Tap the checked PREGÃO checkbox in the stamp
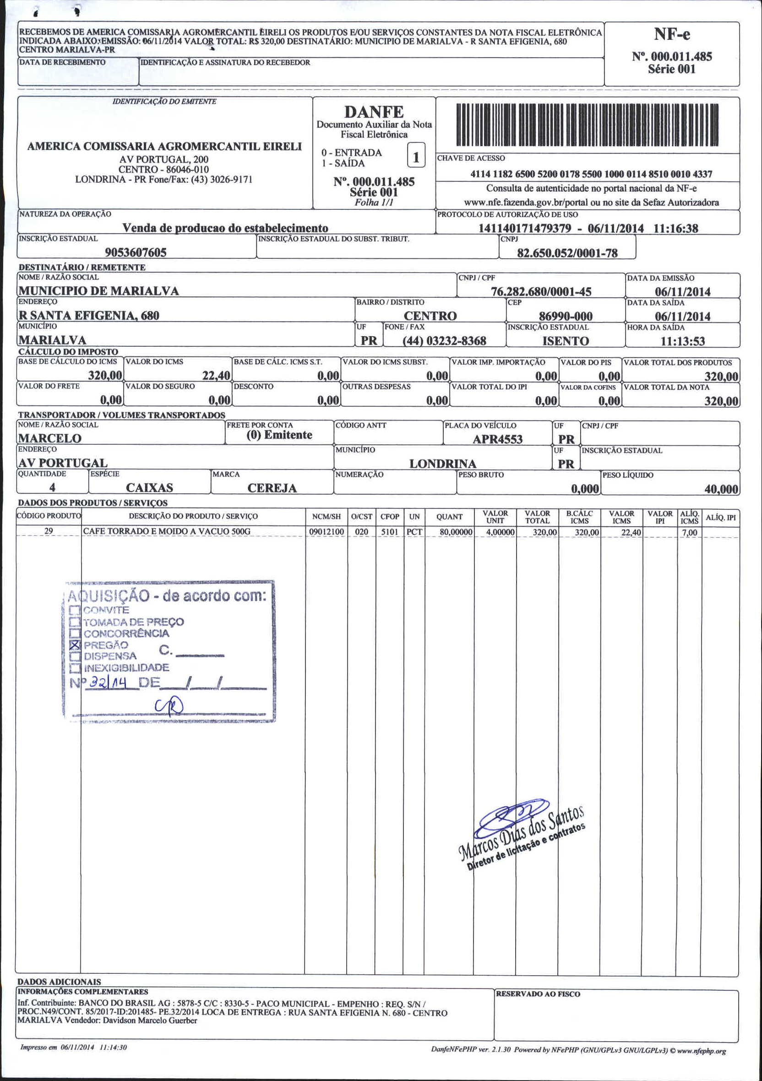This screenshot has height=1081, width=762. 74,644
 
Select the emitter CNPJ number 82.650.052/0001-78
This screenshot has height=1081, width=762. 567,253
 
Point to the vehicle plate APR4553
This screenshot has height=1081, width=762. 497,439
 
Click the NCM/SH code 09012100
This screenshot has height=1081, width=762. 327,532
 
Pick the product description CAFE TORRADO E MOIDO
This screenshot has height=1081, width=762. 167,531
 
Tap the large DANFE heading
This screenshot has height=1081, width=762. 374,112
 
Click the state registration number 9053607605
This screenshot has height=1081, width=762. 136,253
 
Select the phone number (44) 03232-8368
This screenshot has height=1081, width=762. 444,341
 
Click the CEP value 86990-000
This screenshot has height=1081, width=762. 565,316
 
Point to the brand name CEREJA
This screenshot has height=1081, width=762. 272,488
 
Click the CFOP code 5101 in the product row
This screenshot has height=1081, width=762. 390,532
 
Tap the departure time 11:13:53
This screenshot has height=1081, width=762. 682,341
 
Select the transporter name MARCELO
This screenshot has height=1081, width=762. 49,438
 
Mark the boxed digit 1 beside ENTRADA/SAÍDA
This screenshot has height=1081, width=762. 416,158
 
